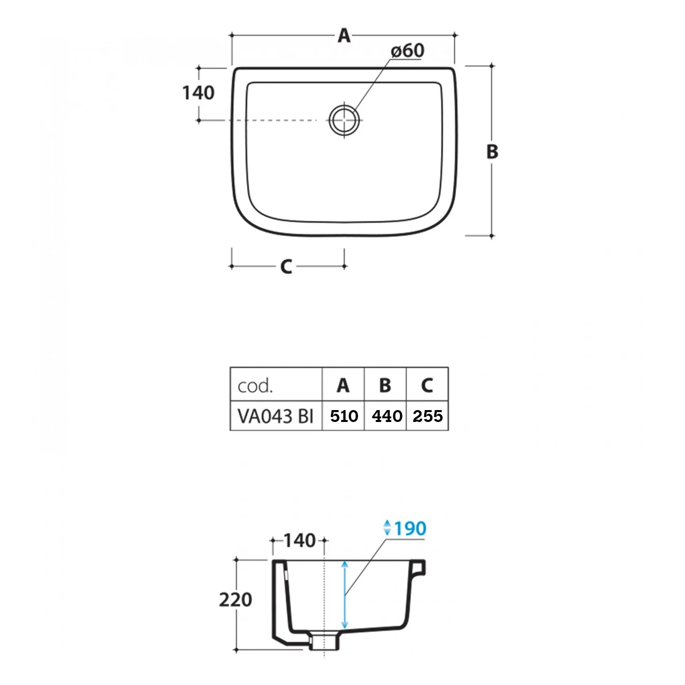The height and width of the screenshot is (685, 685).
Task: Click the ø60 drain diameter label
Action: click(408, 51)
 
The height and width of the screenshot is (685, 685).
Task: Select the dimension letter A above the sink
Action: click(344, 35)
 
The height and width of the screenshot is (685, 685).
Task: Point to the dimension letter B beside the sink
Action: click(492, 152)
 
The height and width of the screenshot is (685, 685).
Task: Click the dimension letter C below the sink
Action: click(286, 267)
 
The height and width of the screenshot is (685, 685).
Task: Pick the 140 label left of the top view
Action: click(198, 93)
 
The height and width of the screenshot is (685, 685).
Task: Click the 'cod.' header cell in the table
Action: click(255, 386)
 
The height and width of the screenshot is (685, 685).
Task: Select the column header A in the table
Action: click(343, 386)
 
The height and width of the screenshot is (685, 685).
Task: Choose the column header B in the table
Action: click(385, 386)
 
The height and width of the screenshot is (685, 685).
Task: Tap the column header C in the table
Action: click(427, 386)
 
